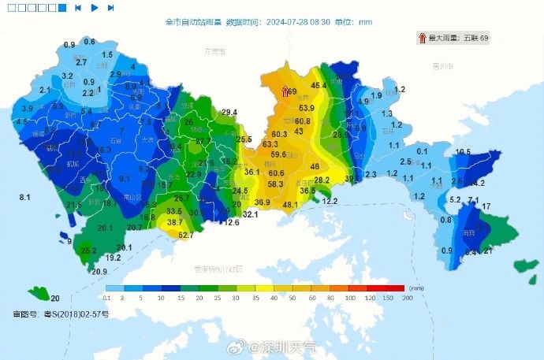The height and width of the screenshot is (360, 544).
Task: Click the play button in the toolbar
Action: pos(95,8)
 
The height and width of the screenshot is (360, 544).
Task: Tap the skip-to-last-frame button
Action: pos(111,8)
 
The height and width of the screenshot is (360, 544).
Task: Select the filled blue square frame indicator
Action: pos(62,8)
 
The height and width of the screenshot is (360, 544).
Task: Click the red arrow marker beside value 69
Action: pos(286,93)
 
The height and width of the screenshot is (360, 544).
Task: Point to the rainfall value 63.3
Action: pos(270,145)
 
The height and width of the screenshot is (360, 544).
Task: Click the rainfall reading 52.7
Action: pos(186,236)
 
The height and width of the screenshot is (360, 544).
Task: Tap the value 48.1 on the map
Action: pos(290,205)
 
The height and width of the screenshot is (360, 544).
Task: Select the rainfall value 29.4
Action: pos(229,113)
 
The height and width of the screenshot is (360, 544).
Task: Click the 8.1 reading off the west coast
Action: pos(24,196)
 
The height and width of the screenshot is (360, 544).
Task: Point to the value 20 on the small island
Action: pos(55,299)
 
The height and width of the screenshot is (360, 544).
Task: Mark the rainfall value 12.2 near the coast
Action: pos(330,202)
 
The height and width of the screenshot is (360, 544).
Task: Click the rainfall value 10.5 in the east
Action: pos(463,152)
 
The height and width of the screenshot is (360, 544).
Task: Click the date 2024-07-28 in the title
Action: pos(287,22)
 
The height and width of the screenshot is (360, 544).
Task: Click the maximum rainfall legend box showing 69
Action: pos(453,38)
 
